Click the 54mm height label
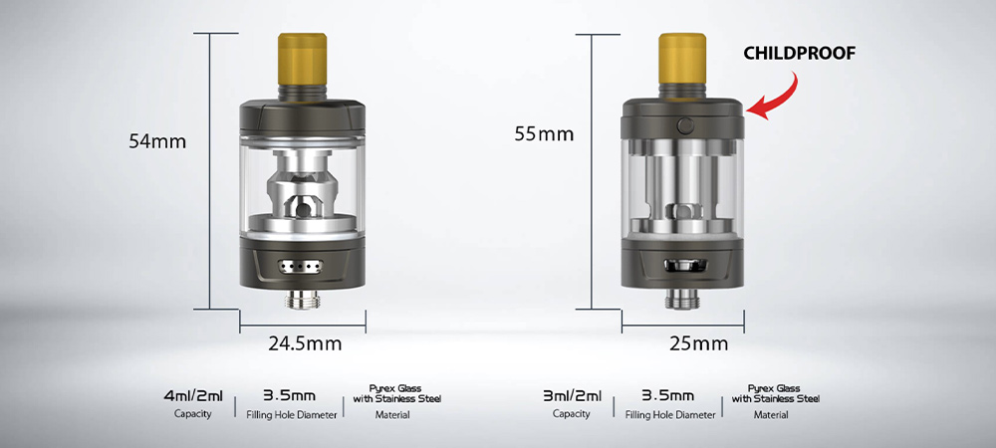pyautogui.click(x=157, y=141)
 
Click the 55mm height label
pyautogui.click(x=544, y=134)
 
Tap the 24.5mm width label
pyautogui.click(x=305, y=343)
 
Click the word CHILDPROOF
pyautogui.click(x=800, y=54)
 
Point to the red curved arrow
pyautogui.click(x=781, y=102)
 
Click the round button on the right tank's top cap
pyautogui.click(x=685, y=125)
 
